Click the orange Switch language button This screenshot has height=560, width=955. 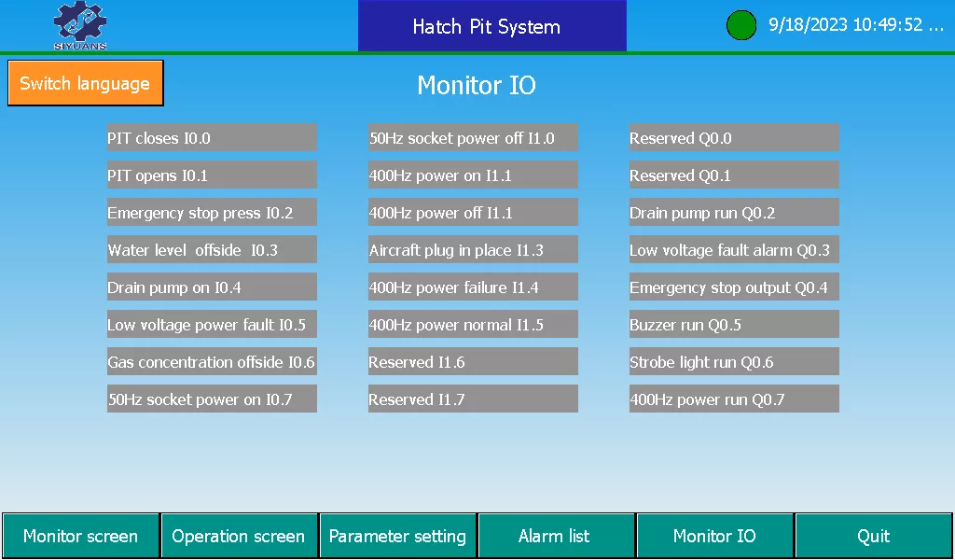[x=85, y=83]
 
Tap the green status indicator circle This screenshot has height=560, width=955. [x=741, y=25]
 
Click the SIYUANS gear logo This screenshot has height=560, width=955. [x=80, y=25]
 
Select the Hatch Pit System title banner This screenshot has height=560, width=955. [x=492, y=25]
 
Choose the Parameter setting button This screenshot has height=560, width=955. [x=397, y=536]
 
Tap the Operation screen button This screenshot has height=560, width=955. [x=239, y=536]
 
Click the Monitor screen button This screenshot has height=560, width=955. [x=80, y=536]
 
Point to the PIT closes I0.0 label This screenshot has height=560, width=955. [x=212, y=138]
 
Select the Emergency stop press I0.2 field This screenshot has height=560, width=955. [x=212, y=213]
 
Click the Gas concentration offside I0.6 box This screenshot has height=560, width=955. [x=212, y=361]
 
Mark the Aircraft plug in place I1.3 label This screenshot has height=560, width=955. [x=473, y=250]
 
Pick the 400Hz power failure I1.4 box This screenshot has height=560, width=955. [x=473, y=287]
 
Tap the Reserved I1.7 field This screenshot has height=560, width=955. [x=473, y=399]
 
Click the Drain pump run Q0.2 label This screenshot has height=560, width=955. [x=734, y=213]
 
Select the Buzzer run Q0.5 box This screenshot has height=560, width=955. [x=734, y=324]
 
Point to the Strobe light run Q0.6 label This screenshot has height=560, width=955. [x=734, y=361]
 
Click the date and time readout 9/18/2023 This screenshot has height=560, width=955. [x=856, y=25]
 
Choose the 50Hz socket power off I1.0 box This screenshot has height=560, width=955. [x=473, y=138]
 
